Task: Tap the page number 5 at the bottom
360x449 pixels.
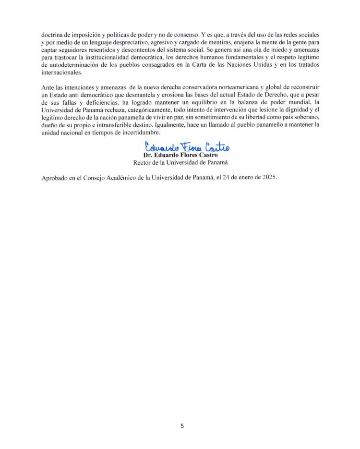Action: point(181,426)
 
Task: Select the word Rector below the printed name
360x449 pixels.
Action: point(143,162)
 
